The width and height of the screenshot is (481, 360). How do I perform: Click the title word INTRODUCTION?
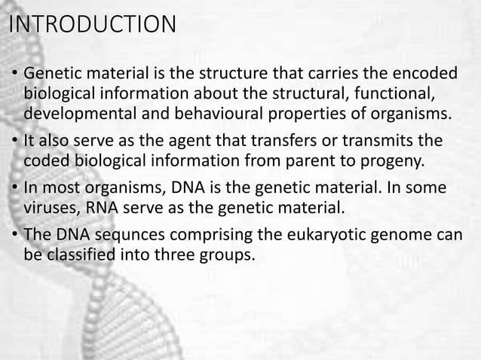pyautogui.click(x=91, y=24)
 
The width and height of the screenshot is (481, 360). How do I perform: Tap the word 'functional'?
pyautogui.click(x=399, y=95)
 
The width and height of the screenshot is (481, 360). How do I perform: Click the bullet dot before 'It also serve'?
pyautogui.click(x=16, y=143)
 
